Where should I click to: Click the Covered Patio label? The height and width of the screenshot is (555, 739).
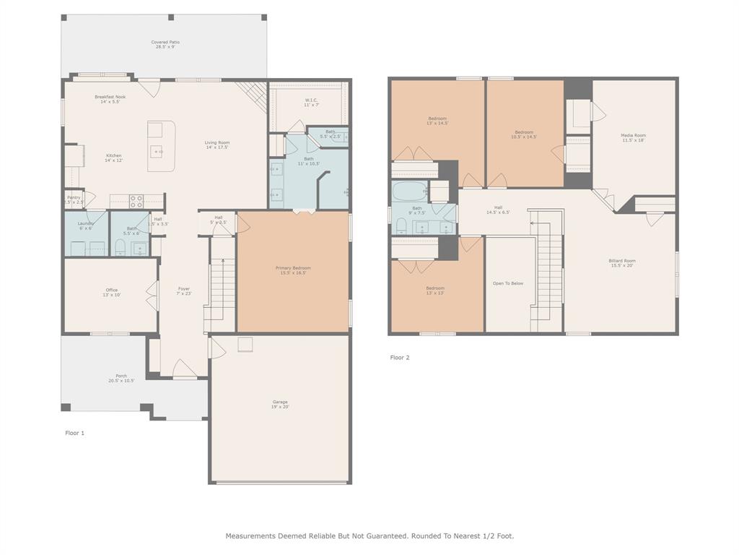165,44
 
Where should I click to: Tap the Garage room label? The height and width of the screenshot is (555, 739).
280,404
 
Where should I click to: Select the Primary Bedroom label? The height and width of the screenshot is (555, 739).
293,270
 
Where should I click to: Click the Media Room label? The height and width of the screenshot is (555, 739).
633,137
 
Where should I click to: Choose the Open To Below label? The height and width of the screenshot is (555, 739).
507,283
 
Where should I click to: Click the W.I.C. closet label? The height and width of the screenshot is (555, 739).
312,102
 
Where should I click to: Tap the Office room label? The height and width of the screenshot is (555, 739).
112,293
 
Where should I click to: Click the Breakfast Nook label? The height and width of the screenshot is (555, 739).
110,99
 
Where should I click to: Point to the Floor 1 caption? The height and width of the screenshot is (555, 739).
75,433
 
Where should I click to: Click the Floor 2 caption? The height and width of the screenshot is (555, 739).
400,357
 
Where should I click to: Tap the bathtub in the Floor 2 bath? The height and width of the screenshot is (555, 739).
409,192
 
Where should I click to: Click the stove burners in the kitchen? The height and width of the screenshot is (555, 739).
136,201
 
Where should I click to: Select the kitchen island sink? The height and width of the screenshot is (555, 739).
157,152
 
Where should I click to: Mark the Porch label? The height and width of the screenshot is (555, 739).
121,378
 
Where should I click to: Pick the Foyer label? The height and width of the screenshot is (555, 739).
184,291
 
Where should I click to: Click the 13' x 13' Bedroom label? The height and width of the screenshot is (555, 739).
435,291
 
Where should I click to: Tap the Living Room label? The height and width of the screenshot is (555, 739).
217,145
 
